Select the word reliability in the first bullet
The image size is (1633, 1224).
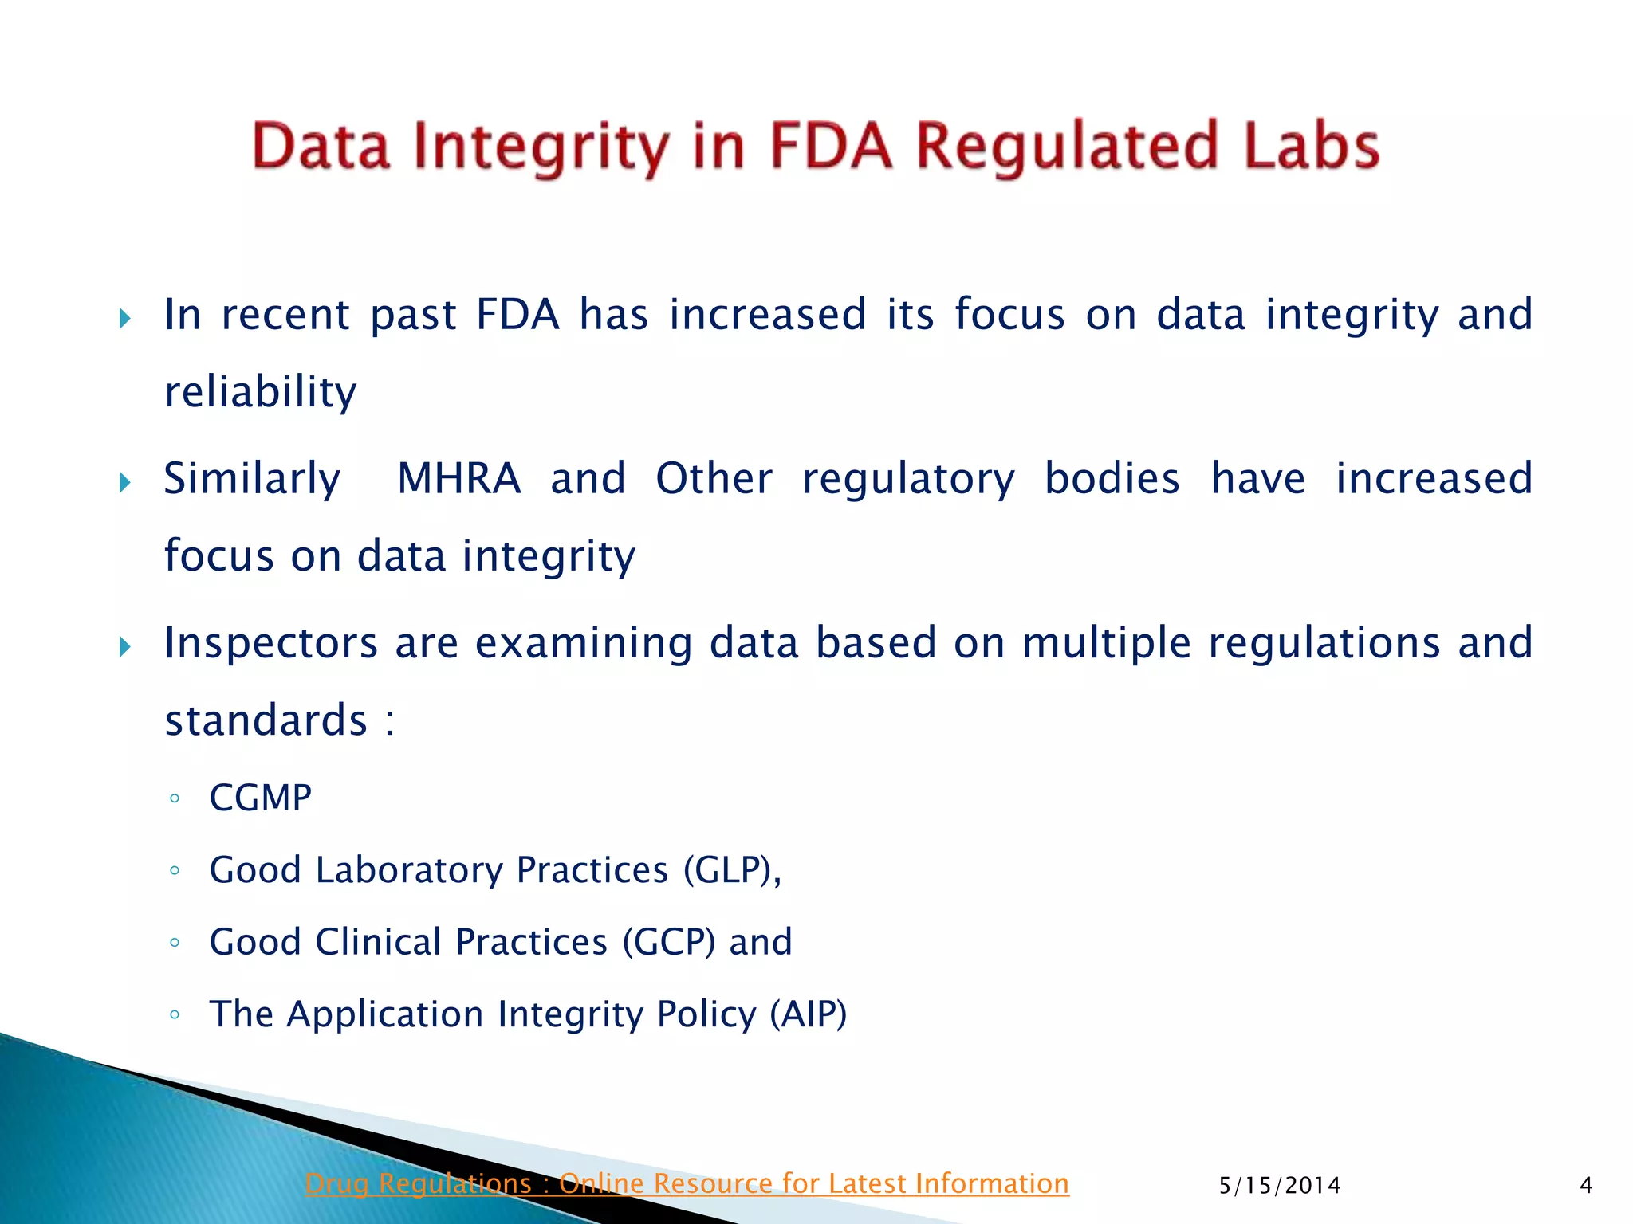(261, 392)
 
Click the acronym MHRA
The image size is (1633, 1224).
(458, 479)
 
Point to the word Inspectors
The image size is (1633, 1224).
(270, 643)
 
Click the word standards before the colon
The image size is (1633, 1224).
(266, 720)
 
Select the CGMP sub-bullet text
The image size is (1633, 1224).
(260, 798)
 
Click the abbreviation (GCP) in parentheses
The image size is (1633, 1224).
(668, 942)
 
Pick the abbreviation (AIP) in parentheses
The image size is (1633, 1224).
(808, 1014)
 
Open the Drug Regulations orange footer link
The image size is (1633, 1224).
(687, 1183)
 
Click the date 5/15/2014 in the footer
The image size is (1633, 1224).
(1279, 1186)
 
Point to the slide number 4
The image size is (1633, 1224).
(1586, 1186)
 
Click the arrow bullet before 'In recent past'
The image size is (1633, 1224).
(124, 319)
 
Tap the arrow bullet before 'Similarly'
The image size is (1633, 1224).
(124, 482)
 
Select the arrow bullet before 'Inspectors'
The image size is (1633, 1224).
(124, 646)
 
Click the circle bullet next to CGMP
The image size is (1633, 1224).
(175, 798)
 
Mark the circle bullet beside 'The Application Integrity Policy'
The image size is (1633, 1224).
(175, 1015)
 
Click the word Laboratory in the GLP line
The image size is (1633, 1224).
(409, 869)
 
